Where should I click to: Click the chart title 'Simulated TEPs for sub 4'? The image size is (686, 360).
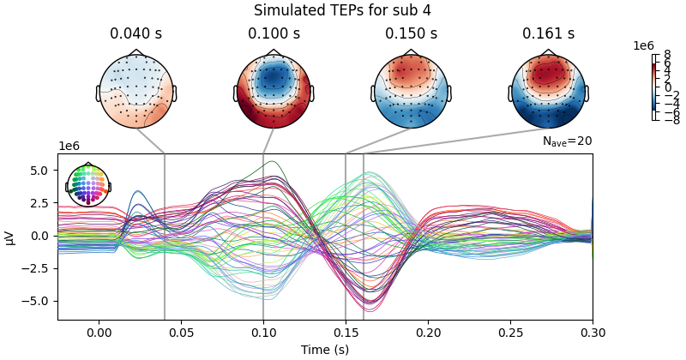pyautogui.click(x=343, y=10)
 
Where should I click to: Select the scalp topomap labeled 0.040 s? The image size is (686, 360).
pyautogui.click(x=136, y=91)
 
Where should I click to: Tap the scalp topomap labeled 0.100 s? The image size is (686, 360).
pyautogui.click(x=274, y=91)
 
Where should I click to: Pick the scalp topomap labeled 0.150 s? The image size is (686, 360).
pyautogui.click(x=411, y=91)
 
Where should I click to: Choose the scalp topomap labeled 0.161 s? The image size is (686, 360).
pyautogui.click(x=548, y=91)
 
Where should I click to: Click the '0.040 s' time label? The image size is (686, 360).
pyautogui.click(x=136, y=34)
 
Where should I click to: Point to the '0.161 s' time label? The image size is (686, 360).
pyautogui.click(x=548, y=34)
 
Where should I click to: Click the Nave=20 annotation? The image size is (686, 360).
pyautogui.click(x=567, y=141)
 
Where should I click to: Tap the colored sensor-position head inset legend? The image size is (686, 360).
pyautogui.click(x=88, y=184)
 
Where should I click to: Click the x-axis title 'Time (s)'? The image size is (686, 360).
pyautogui.click(x=325, y=350)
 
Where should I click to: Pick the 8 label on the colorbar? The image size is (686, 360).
pyautogui.click(x=667, y=55)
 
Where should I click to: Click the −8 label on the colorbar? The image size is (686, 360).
pyautogui.click(x=664, y=121)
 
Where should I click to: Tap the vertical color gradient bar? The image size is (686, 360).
pyautogui.click(x=654, y=87)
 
